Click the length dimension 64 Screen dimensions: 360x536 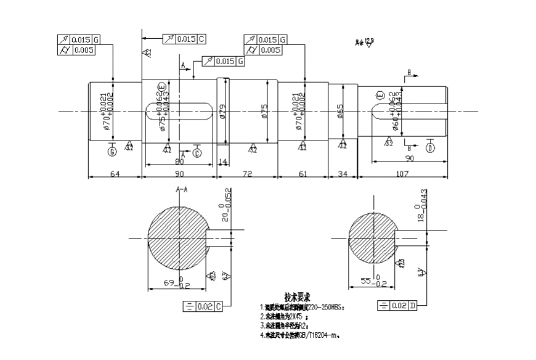pyautogui.click(x=115, y=174)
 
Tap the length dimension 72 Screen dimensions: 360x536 pyautogui.click(x=247, y=174)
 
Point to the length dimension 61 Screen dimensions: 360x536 pyautogui.click(x=302, y=174)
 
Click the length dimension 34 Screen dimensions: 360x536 pyautogui.click(x=343, y=174)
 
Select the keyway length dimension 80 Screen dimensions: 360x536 pyautogui.click(x=177, y=162)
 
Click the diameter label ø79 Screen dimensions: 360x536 pyautogui.click(x=222, y=112)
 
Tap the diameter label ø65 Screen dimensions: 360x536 pyautogui.click(x=340, y=111)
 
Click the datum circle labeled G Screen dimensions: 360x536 pyautogui.click(x=112, y=151)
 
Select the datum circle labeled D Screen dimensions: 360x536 pyautogui.click(x=430, y=148)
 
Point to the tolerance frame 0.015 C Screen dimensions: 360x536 pyautogui.click(x=184, y=39)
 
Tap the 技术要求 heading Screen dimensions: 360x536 pyautogui.click(x=296, y=297)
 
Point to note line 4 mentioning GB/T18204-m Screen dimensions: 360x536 pyautogui.click(x=301, y=335)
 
